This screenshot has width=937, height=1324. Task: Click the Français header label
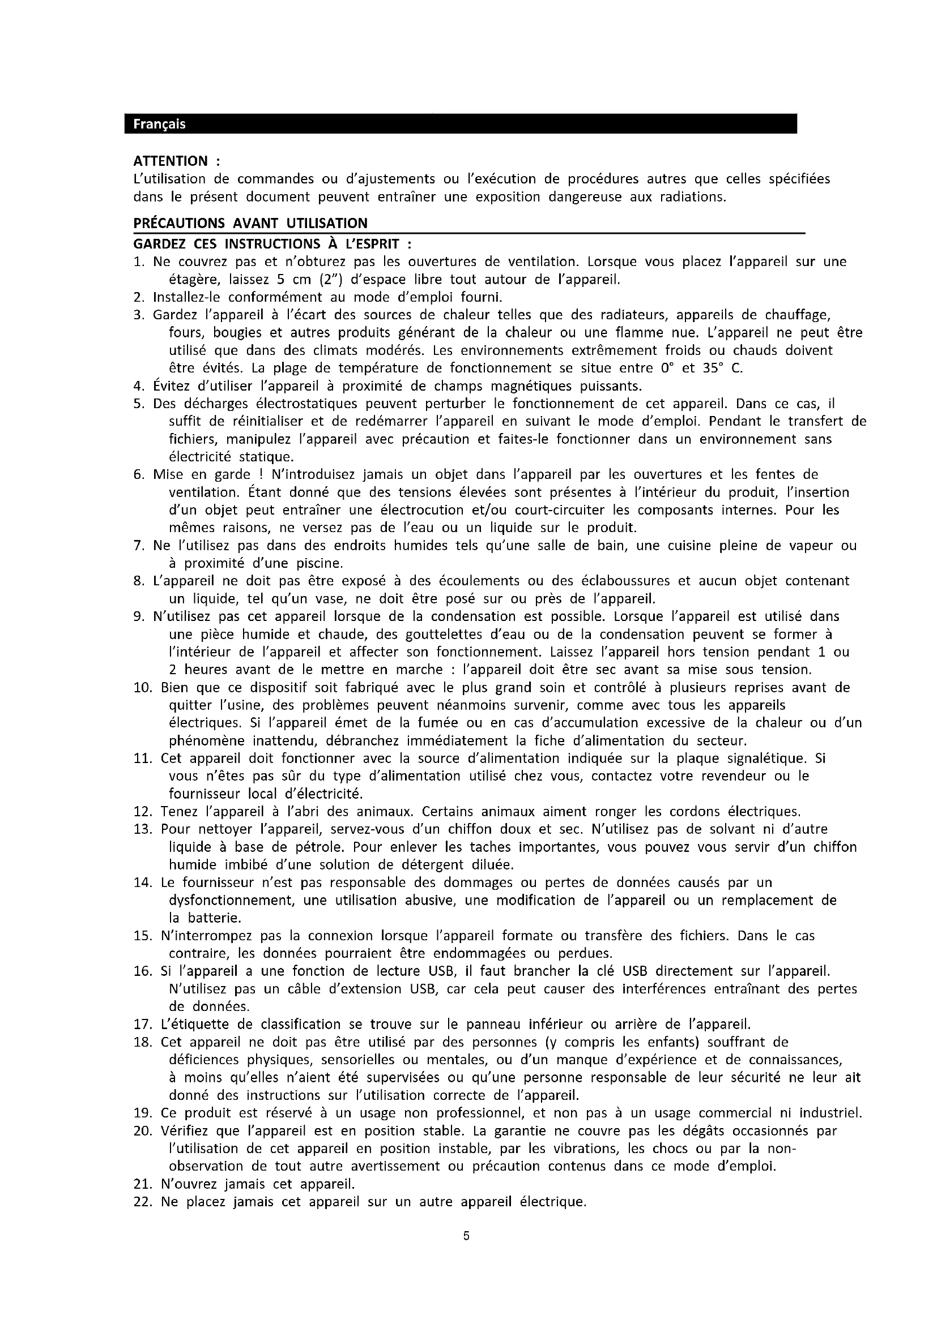159,124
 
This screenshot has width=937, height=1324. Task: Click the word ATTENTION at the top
170,161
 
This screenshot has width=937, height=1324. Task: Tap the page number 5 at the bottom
467,1236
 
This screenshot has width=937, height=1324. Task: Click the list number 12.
142,812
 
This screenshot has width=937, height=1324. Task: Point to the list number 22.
142,1202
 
